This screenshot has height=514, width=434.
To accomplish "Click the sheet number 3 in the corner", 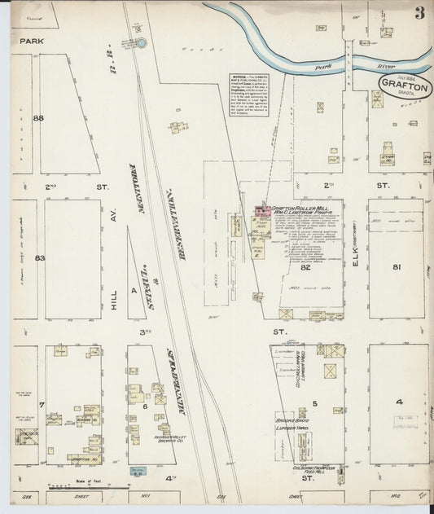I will pyautogui.click(x=418, y=13).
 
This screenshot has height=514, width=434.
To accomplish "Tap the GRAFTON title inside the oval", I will pyautogui.click(x=402, y=84).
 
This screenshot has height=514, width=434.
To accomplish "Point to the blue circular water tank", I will pyautogui.click(x=141, y=43).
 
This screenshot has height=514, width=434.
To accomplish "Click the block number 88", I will pyautogui.click(x=37, y=118).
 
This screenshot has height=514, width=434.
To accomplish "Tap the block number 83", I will pyautogui.click(x=38, y=258).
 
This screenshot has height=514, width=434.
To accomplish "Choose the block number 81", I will pyautogui.click(x=397, y=266).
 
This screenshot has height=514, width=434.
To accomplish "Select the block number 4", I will pyautogui.click(x=399, y=402).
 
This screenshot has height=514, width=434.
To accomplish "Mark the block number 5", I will pyautogui.click(x=313, y=403).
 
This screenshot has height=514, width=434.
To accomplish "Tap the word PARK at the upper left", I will pyautogui.click(x=31, y=39).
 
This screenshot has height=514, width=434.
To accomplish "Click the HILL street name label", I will pyautogui.click(x=115, y=265).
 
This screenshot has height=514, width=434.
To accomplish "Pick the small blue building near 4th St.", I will pyautogui.click(x=136, y=470).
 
